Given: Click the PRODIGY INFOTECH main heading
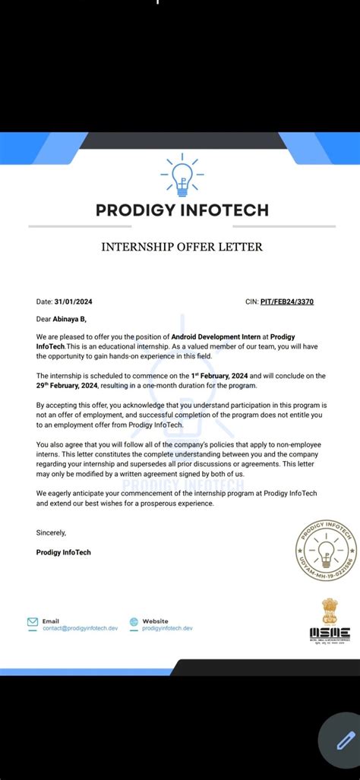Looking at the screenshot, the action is (182, 210).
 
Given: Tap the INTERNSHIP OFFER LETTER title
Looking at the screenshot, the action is (182, 247).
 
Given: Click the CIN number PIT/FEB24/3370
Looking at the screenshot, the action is (287, 302).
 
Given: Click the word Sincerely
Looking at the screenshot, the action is (51, 532).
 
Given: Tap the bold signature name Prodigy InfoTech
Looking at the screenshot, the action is (63, 552).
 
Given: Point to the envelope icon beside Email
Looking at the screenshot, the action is (33, 621).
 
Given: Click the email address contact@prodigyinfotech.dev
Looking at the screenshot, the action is (81, 628).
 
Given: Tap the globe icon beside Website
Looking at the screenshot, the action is (134, 621).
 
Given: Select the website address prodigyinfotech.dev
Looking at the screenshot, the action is (167, 628).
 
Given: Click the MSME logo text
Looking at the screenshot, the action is (330, 633).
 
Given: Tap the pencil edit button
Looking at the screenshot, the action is (345, 740).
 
